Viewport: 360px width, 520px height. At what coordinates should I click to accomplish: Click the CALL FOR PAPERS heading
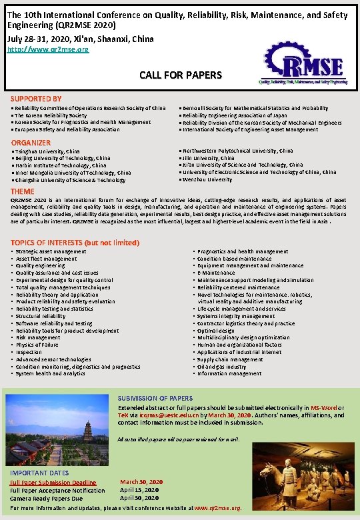coord(180,75)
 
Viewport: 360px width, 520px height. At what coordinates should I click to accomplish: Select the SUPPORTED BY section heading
coord(36,99)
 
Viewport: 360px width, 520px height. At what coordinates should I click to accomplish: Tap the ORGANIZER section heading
coord(31,143)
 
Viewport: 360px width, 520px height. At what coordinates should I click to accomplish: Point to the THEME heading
coord(23,191)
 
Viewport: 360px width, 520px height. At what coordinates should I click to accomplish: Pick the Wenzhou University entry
coord(206,180)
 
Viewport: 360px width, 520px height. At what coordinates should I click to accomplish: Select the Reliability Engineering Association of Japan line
coord(243,115)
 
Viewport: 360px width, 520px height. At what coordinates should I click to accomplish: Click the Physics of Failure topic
coord(37,345)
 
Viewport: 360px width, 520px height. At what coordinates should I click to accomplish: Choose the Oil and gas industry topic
coord(221,367)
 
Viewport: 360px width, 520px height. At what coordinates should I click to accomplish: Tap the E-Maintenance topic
coord(217,273)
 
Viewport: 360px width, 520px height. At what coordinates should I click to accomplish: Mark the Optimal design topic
coord(216,331)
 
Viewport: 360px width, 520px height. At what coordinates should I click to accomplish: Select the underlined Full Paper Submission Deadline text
coord(53,482)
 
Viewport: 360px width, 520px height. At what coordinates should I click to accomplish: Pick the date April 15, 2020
coord(140,489)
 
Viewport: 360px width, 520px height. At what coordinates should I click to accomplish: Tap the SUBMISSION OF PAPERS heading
coord(155,398)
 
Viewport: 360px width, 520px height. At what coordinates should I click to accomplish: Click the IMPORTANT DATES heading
coord(39,473)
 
